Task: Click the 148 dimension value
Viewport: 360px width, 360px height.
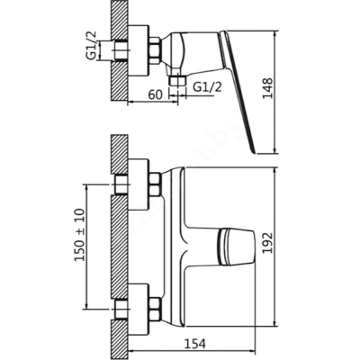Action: click(267, 88)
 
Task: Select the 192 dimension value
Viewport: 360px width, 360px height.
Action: click(267, 243)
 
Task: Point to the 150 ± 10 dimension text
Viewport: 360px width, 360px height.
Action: click(80, 235)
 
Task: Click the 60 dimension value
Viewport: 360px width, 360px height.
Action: click(156, 94)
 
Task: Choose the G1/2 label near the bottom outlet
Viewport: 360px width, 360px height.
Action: click(208, 87)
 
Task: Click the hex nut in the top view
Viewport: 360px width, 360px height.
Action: click(155, 50)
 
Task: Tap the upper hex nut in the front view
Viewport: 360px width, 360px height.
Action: click(155, 184)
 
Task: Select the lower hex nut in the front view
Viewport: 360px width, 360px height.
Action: click(155, 309)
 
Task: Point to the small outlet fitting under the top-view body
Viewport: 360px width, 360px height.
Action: click(178, 81)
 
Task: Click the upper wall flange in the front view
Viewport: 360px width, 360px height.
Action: click(139, 184)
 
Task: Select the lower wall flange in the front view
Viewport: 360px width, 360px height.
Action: click(139, 309)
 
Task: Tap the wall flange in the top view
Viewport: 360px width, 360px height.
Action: click(139, 50)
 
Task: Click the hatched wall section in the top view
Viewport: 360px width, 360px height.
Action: click(120, 50)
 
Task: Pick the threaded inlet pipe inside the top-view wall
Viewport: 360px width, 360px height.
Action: click(121, 50)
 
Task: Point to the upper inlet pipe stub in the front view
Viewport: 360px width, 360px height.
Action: click(121, 184)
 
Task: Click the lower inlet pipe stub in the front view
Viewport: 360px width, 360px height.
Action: click(121, 309)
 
